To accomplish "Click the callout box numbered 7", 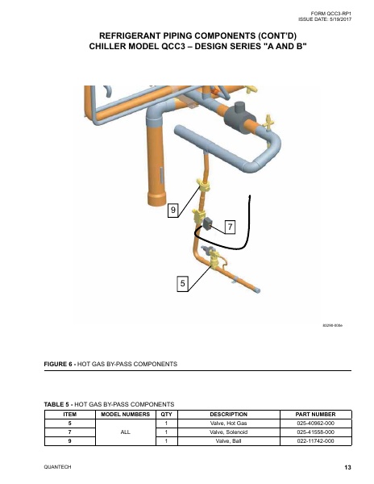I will click(229, 227).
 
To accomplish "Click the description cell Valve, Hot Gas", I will click(228, 423).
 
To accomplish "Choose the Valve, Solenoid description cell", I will click(228, 432).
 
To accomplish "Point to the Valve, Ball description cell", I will click(228, 440).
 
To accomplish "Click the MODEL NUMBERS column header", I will click(126, 414).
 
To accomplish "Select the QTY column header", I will click(166, 414).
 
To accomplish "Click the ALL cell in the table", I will click(126, 432).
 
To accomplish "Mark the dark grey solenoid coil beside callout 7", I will click(208, 221).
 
